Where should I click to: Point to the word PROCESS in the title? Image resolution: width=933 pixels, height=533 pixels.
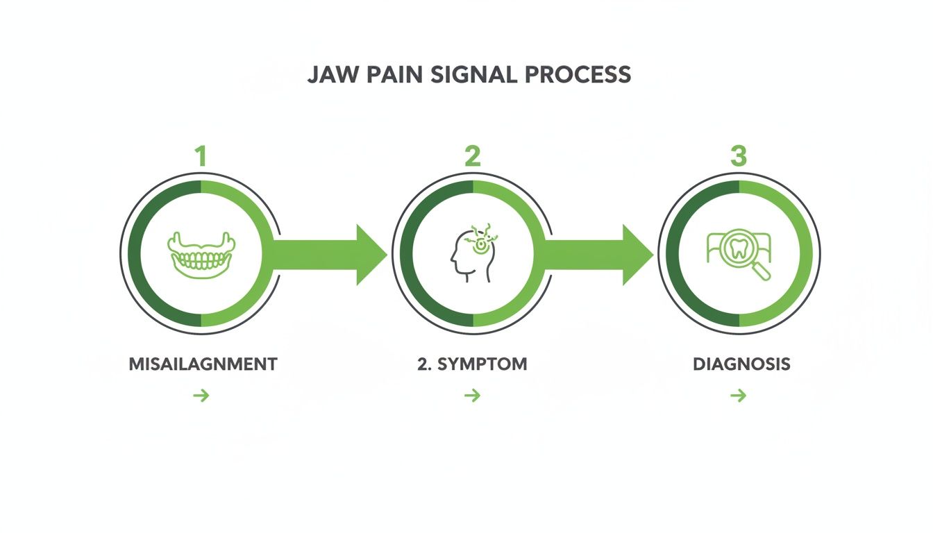[x=575, y=74]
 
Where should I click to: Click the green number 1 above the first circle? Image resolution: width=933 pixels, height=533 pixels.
[x=201, y=156]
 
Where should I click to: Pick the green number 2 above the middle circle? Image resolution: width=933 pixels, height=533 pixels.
[x=472, y=156]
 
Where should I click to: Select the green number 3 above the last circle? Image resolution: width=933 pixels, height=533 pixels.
[x=739, y=156]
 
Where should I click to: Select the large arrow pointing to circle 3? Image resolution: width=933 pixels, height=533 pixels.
[x=597, y=255]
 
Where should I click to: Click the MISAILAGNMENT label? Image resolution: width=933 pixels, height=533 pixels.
[x=203, y=364]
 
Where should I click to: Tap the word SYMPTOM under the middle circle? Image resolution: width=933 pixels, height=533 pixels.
[x=483, y=364]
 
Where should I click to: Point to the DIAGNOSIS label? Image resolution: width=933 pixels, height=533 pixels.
[x=741, y=364]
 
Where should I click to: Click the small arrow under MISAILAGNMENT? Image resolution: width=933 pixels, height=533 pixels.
[x=201, y=396]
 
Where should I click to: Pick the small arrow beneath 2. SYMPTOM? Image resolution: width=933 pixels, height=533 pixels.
[x=472, y=396]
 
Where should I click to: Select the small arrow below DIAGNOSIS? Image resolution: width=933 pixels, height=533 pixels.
[x=738, y=396]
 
